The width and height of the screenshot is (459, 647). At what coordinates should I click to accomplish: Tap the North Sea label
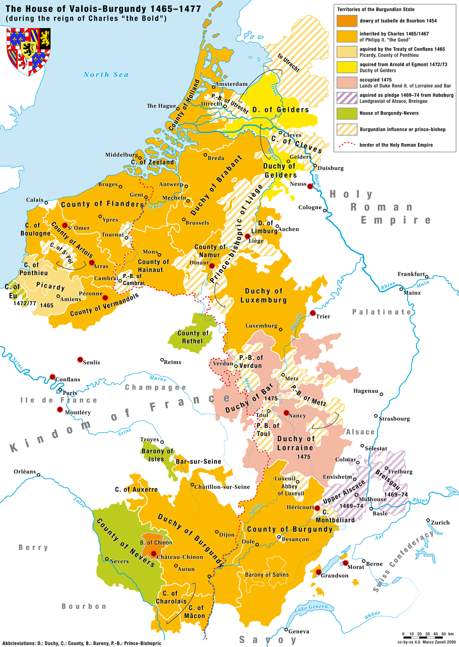(x=106, y=75)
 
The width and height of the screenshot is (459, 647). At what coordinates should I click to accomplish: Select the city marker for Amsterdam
(x=214, y=87)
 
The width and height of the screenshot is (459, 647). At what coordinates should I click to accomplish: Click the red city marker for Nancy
(x=286, y=413)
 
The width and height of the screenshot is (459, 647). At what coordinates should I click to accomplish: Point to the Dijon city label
(x=227, y=535)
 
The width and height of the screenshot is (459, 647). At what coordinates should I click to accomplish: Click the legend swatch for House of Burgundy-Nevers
(x=347, y=113)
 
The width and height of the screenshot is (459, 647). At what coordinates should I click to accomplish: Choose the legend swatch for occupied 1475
(x=347, y=83)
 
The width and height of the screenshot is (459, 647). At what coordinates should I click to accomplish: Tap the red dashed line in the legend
(x=347, y=145)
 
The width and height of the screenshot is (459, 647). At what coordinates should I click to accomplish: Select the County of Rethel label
(x=193, y=337)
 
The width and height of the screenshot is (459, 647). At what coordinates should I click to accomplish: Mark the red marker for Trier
(x=313, y=313)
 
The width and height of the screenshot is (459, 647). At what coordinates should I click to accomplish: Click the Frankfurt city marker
(x=427, y=277)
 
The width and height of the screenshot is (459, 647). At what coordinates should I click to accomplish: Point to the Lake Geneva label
(x=311, y=608)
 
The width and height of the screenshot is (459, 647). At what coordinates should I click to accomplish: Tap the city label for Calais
(x=34, y=200)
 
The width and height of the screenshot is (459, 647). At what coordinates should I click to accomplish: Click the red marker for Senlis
(x=80, y=359)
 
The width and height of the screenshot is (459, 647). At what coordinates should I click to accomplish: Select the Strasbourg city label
(x=394, y=419)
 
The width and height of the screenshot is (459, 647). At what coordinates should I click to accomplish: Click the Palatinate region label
(x=382, y=312)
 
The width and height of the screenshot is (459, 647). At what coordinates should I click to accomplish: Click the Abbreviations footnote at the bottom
(x=81, y=643)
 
